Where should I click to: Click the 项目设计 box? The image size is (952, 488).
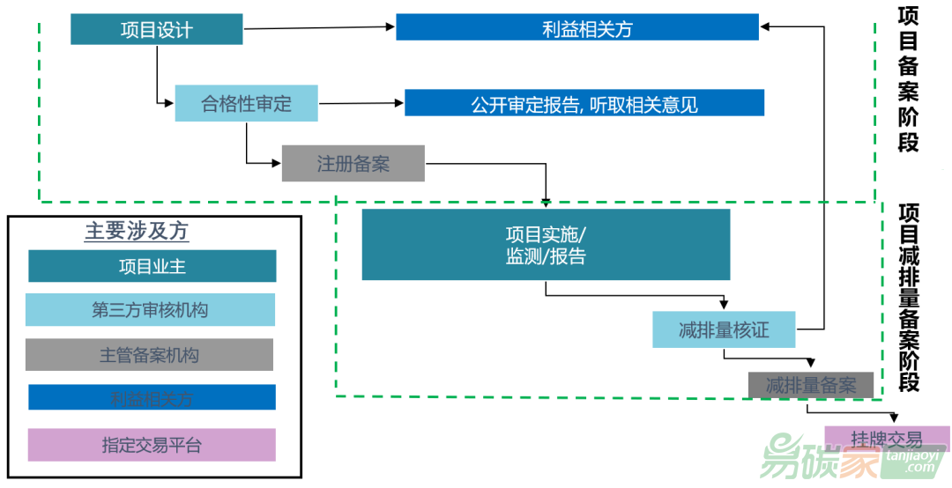click(157, 29)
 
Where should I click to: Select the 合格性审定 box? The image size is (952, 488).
click(246, 103)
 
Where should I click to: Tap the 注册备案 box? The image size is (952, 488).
click(353, 164)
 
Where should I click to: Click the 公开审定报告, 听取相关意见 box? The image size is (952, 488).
click(584, 103)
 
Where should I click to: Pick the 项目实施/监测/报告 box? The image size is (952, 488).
click(546, 245)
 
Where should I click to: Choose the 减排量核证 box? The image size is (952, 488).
click(724, 329)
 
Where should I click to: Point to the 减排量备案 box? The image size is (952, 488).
click(811, 385)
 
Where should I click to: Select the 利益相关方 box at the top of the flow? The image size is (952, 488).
click(577, 27)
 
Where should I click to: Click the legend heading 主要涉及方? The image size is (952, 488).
click(137, 232)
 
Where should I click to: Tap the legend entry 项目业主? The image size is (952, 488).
click(152, 266)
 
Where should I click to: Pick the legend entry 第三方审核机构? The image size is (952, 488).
click(150, 310)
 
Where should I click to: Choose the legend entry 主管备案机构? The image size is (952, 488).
click(149, 355)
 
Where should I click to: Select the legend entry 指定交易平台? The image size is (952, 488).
click(152, 445)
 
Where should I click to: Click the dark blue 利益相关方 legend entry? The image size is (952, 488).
click(152, 398)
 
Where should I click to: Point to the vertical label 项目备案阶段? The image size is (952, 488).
click(908, 79)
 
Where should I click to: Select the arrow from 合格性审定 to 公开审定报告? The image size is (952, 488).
click(361, 103)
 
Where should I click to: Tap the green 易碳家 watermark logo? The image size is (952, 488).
click(820, 459)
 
